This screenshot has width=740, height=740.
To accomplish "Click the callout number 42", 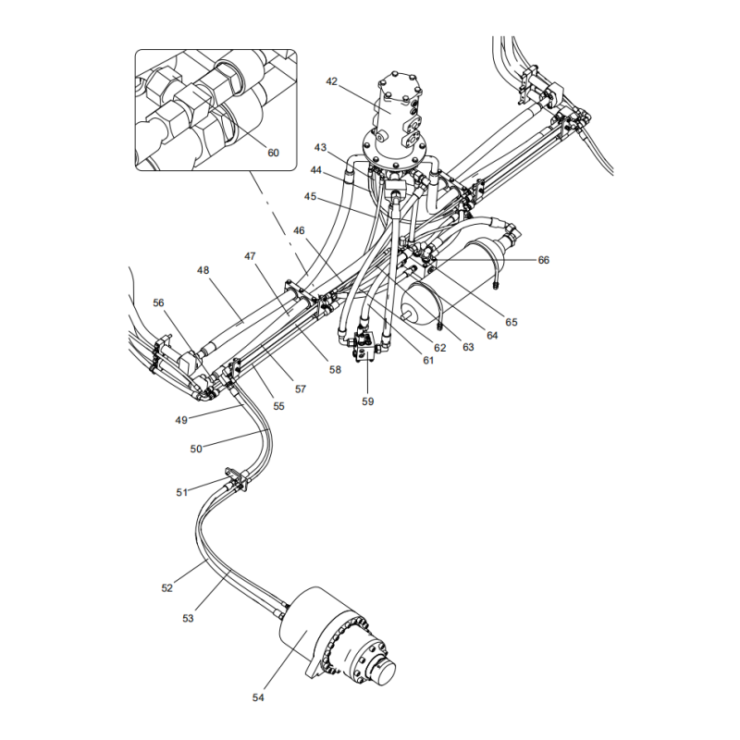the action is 332,81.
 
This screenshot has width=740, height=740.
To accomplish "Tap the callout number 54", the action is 258,697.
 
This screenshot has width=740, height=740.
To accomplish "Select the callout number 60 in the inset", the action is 273,153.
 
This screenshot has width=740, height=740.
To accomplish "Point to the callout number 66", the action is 544,260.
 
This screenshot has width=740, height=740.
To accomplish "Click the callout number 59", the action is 367,401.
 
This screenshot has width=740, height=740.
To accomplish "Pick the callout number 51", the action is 182,492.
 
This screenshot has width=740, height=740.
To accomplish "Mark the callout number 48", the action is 203,270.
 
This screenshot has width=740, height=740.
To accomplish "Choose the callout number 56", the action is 158,302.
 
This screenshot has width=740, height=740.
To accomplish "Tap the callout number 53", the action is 188,618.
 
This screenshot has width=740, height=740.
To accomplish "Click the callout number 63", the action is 468,347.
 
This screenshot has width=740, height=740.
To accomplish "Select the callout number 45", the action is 310,196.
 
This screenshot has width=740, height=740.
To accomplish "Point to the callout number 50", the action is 196,449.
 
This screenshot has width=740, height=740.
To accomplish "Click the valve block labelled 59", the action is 365,347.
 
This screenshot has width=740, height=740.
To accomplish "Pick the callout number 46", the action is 299,230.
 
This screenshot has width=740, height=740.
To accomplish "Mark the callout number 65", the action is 512,322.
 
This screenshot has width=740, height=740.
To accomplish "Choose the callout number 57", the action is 301,388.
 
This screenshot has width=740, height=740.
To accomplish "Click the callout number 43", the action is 320,148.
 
